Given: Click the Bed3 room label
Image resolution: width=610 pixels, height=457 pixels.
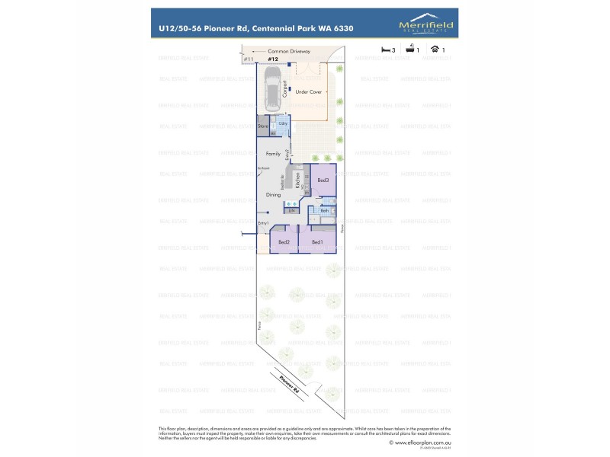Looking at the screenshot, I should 323,180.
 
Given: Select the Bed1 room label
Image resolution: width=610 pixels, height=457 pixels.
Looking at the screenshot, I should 317,242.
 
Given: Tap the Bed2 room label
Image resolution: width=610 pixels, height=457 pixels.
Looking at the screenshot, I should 284,242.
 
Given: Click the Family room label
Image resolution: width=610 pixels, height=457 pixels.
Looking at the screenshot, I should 273,153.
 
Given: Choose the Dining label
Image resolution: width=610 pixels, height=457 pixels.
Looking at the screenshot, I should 273,195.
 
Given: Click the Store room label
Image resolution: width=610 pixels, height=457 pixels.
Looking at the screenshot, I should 262,126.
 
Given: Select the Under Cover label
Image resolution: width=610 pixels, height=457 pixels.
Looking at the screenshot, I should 309,91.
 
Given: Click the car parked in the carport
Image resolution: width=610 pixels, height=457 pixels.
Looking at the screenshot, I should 272,88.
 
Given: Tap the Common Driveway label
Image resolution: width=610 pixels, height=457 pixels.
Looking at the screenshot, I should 289,51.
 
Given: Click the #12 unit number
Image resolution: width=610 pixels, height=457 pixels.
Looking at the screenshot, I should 272,59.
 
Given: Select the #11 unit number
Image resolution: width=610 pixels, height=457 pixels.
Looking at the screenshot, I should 248,59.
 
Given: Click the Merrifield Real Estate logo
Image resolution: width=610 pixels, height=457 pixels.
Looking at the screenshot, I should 426,27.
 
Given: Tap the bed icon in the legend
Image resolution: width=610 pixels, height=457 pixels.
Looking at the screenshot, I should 387,50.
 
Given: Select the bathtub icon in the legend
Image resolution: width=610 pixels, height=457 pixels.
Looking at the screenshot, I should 410,50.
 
